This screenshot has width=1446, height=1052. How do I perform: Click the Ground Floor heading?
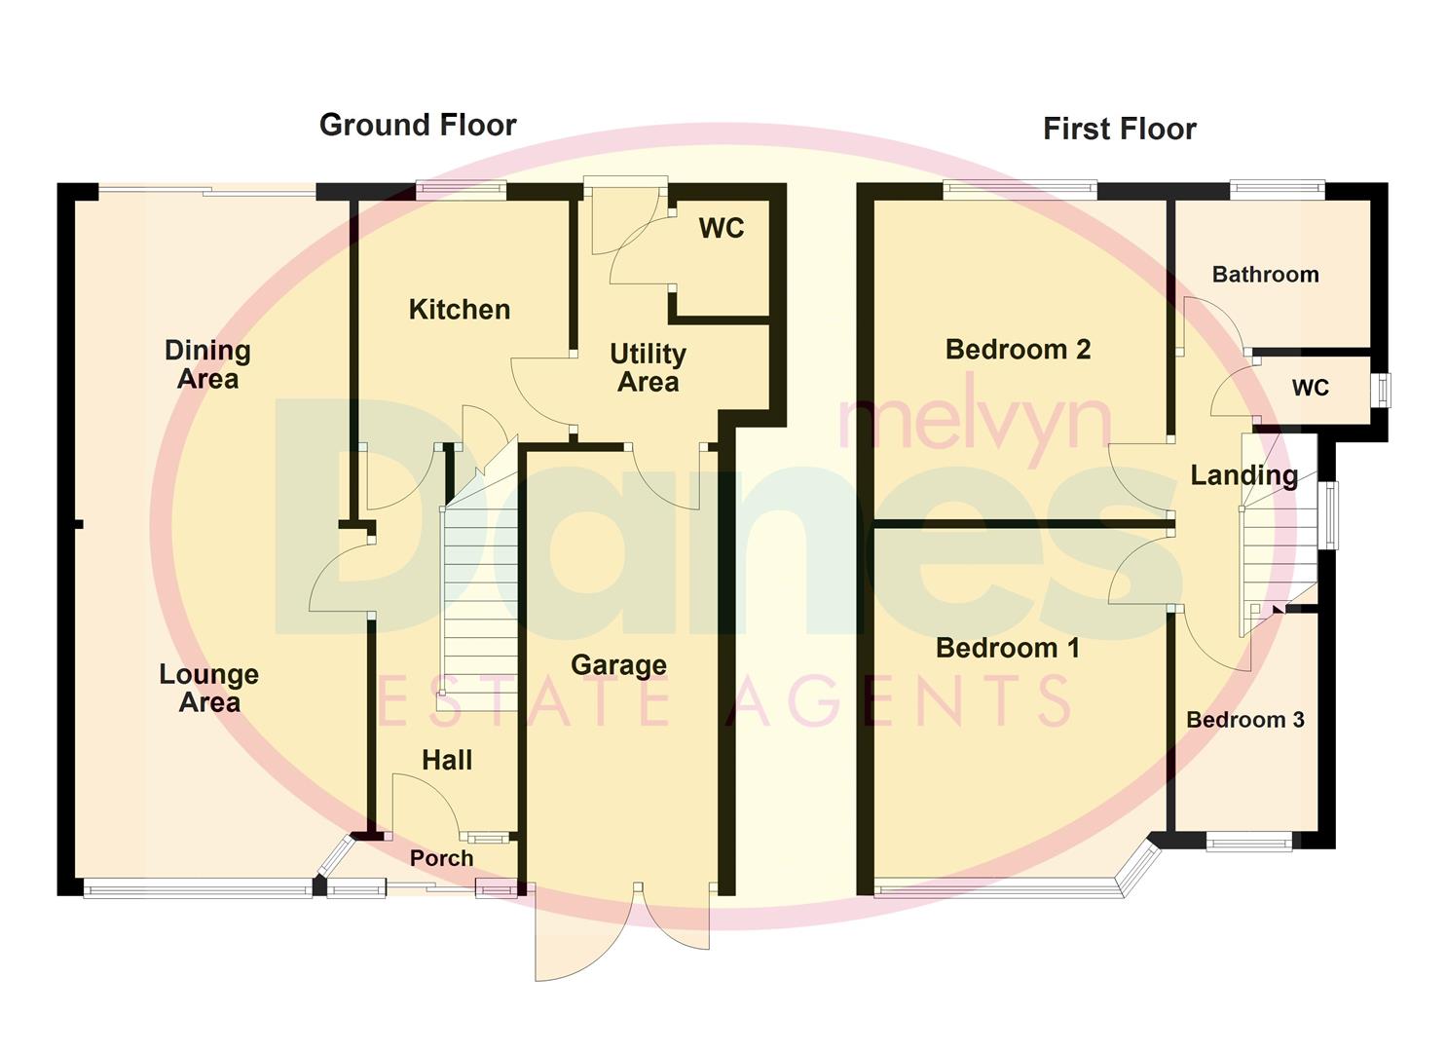tap(418, 125)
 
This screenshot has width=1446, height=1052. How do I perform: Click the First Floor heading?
tap(1119, 129)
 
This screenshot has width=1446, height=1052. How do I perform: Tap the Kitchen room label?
tap(459, 310)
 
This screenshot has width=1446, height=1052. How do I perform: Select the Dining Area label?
tap(207, 364)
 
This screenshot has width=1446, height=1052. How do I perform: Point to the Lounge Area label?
tap(208, 688)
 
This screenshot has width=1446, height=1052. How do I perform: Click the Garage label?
tap(618, 665)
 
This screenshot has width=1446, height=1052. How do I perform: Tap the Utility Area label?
tap(648, 367)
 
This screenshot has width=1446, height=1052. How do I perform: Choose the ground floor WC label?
tap(721, 228)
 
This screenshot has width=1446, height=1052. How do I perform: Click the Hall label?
tap(447, 760)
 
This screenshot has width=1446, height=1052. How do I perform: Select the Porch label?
tap(441, 858)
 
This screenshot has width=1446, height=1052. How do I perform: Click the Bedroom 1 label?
tap(1007, 648)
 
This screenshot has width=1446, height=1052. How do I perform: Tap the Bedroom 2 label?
tap(1018, 349)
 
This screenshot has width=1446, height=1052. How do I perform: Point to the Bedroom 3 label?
tap(1244, 720)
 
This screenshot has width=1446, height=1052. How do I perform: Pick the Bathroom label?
tap(1265, 275)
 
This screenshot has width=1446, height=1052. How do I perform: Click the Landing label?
tap(1243, 475)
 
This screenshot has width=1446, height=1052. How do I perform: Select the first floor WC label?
tap(1310, 388)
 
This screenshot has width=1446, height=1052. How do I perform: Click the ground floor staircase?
tap(479, 604)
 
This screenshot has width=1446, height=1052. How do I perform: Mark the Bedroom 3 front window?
tap(1250, 841)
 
